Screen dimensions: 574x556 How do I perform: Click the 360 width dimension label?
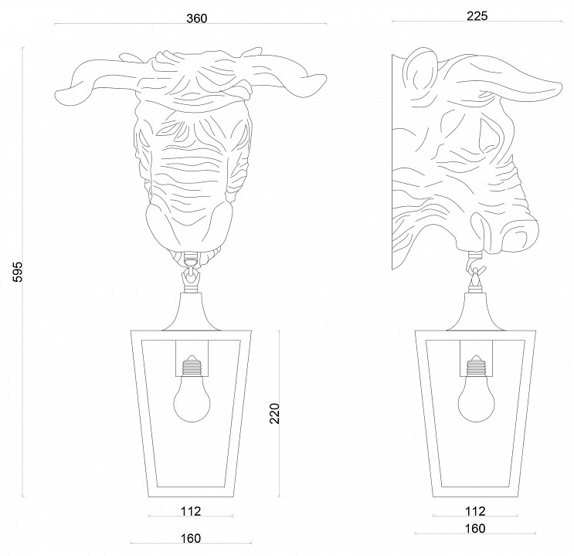(x=196, y=19)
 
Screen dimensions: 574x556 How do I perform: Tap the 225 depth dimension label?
(x=477, y=15)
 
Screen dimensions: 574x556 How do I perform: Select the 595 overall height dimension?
(x=18, y=272)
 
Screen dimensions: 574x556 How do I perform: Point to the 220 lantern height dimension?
(x=274, y=413)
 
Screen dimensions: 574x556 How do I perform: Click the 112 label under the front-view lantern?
(x=191, y=511)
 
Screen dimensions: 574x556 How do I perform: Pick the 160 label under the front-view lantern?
(x=191, y=538)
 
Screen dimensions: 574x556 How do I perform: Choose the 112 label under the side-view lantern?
(x=475, y=511)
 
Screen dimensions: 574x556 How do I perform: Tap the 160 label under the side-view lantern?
(x=475, y=528)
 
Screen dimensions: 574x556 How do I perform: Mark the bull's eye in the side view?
(x=489, y=134)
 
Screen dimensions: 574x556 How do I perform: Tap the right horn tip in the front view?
(x=324, y=78)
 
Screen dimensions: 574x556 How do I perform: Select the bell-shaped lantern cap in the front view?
(x=192, y=311)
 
